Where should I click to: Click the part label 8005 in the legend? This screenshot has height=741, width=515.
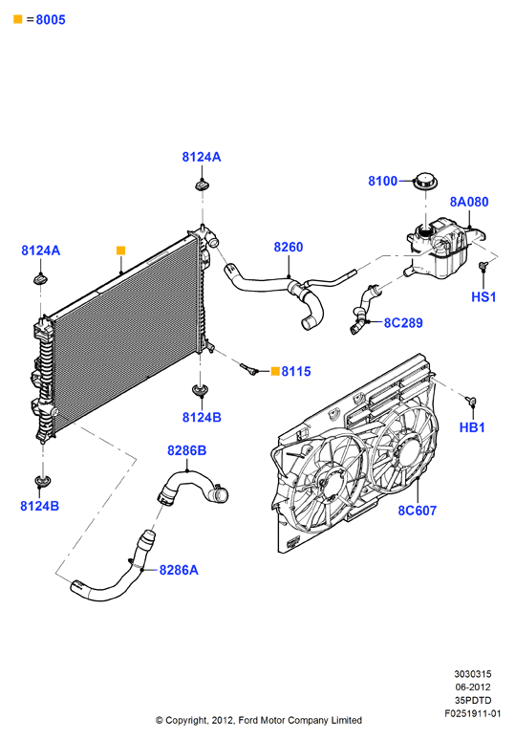point(51,20)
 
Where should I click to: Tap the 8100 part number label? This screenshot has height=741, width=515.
point(383,181)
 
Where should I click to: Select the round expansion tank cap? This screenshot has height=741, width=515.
point(426,182)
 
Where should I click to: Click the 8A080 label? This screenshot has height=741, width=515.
point(469,202)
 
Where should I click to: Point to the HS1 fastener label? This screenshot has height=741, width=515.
point(483,296)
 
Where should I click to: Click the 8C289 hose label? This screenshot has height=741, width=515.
point(403,323)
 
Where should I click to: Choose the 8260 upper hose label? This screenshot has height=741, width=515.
point(289,247)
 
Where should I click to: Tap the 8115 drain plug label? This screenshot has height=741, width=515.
point(296,371)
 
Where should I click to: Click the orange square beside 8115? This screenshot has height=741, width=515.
point(275,371)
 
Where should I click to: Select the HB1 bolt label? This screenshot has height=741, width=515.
point(472,427)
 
